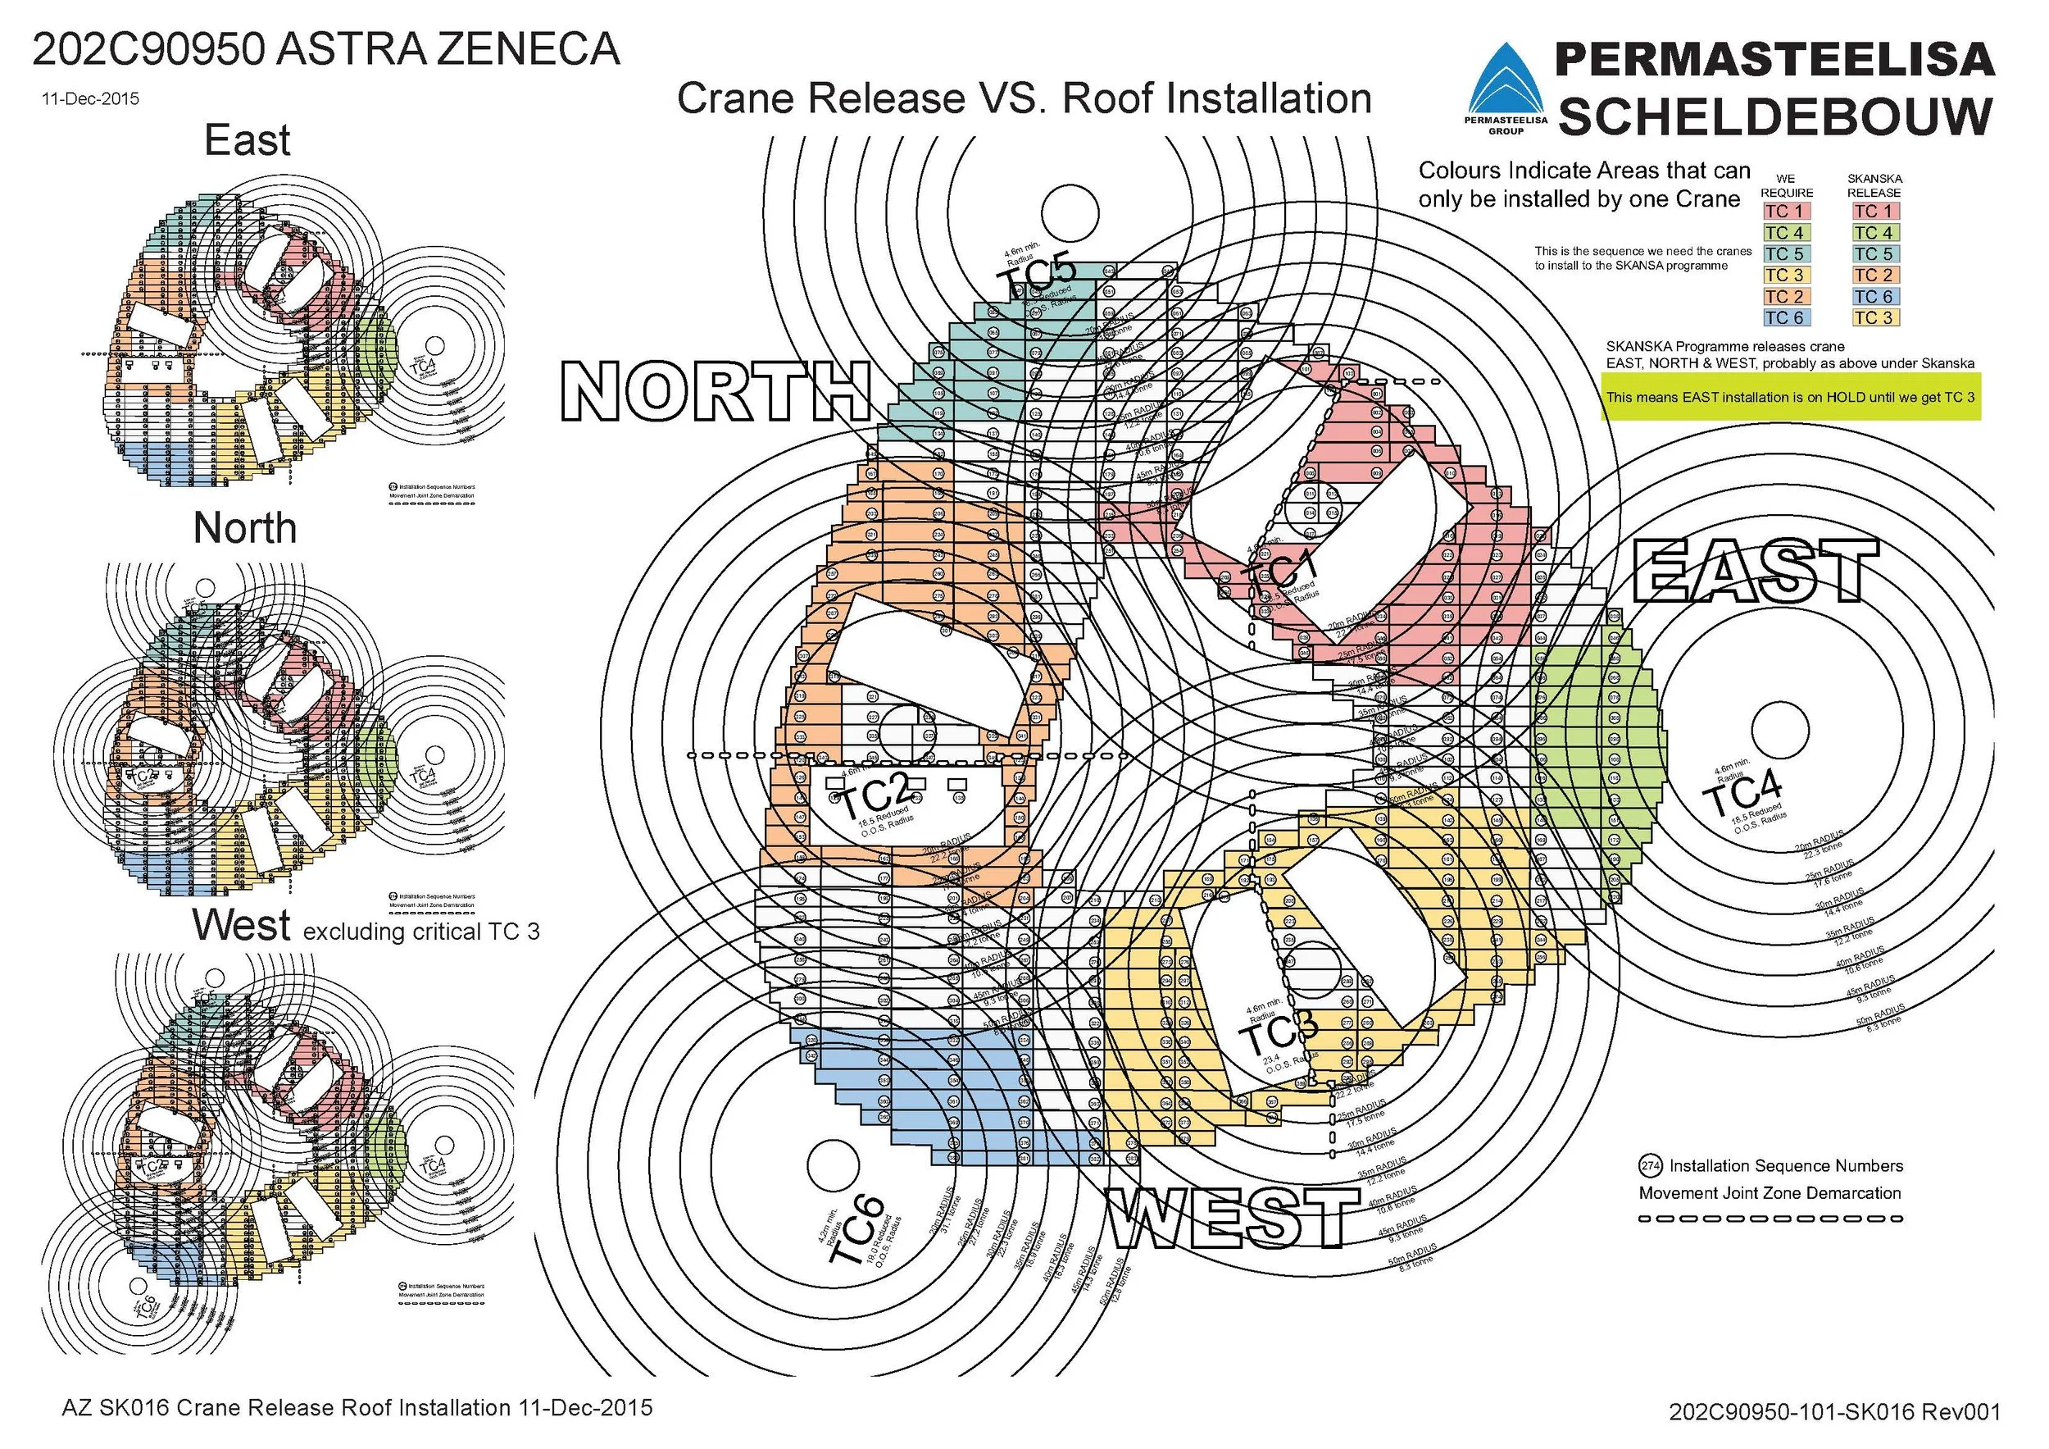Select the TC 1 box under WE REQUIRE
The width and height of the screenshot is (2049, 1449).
(x=1785, y=212)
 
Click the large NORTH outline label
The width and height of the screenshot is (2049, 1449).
(x=716, y=390)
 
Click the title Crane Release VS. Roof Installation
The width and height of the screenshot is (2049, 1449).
(x=1024, y=98)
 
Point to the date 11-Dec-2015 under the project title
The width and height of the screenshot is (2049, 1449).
(x=90, y=98)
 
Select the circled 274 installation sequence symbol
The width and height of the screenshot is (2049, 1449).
(x=1650, y=1166)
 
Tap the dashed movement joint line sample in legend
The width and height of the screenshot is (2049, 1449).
(x=1770, y=1218)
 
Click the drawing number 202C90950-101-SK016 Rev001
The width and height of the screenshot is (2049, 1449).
(x=1834, y=1411)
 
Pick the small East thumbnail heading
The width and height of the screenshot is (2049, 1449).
(x=248, y=140)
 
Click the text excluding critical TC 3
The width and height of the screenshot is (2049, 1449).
(x=421, y=932)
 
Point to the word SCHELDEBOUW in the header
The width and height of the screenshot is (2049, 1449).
(x=1775, y=117)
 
